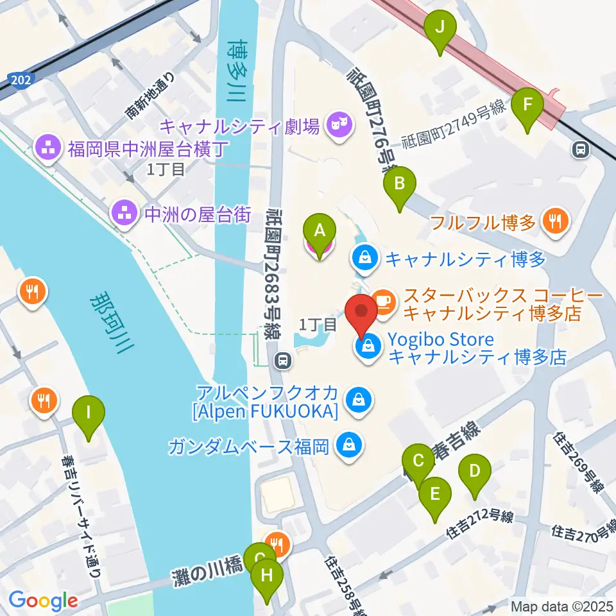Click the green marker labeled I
[x=90, y=418]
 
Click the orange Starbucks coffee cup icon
[x=384, y=298]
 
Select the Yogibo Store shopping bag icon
[x=366, y=348]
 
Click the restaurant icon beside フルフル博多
[x=552, y=223]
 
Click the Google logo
[x=44, y=601]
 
